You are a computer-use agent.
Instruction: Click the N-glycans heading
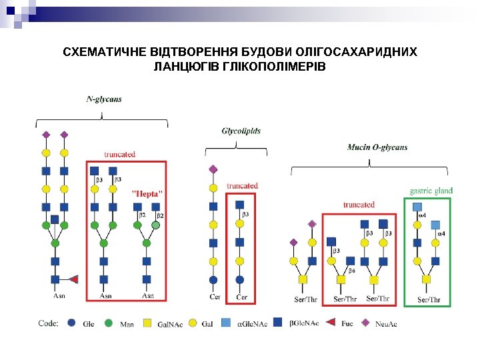click(x=104, y=99)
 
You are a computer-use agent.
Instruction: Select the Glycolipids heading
click(x=241, y=131)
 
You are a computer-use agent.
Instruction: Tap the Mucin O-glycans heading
click(x=377, y=147)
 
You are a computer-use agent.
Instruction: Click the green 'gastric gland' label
click(x=431, y=191)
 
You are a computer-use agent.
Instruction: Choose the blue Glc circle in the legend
click(x=72, y=324)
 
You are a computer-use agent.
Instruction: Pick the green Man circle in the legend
click(x=109, y=324)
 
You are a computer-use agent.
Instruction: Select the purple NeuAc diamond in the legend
click(x=365, y=324)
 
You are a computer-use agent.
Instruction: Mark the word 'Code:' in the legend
click(x=48, y=324)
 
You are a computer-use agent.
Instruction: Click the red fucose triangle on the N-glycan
click(x=74, y=279)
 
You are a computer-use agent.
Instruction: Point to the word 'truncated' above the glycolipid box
click(x=242, y=186)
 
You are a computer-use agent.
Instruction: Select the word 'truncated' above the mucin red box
click(x=359, y=205)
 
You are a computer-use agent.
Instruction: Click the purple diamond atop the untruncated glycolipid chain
click(x=213, y=169)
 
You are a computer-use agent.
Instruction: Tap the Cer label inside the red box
click(x=241, y=297)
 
